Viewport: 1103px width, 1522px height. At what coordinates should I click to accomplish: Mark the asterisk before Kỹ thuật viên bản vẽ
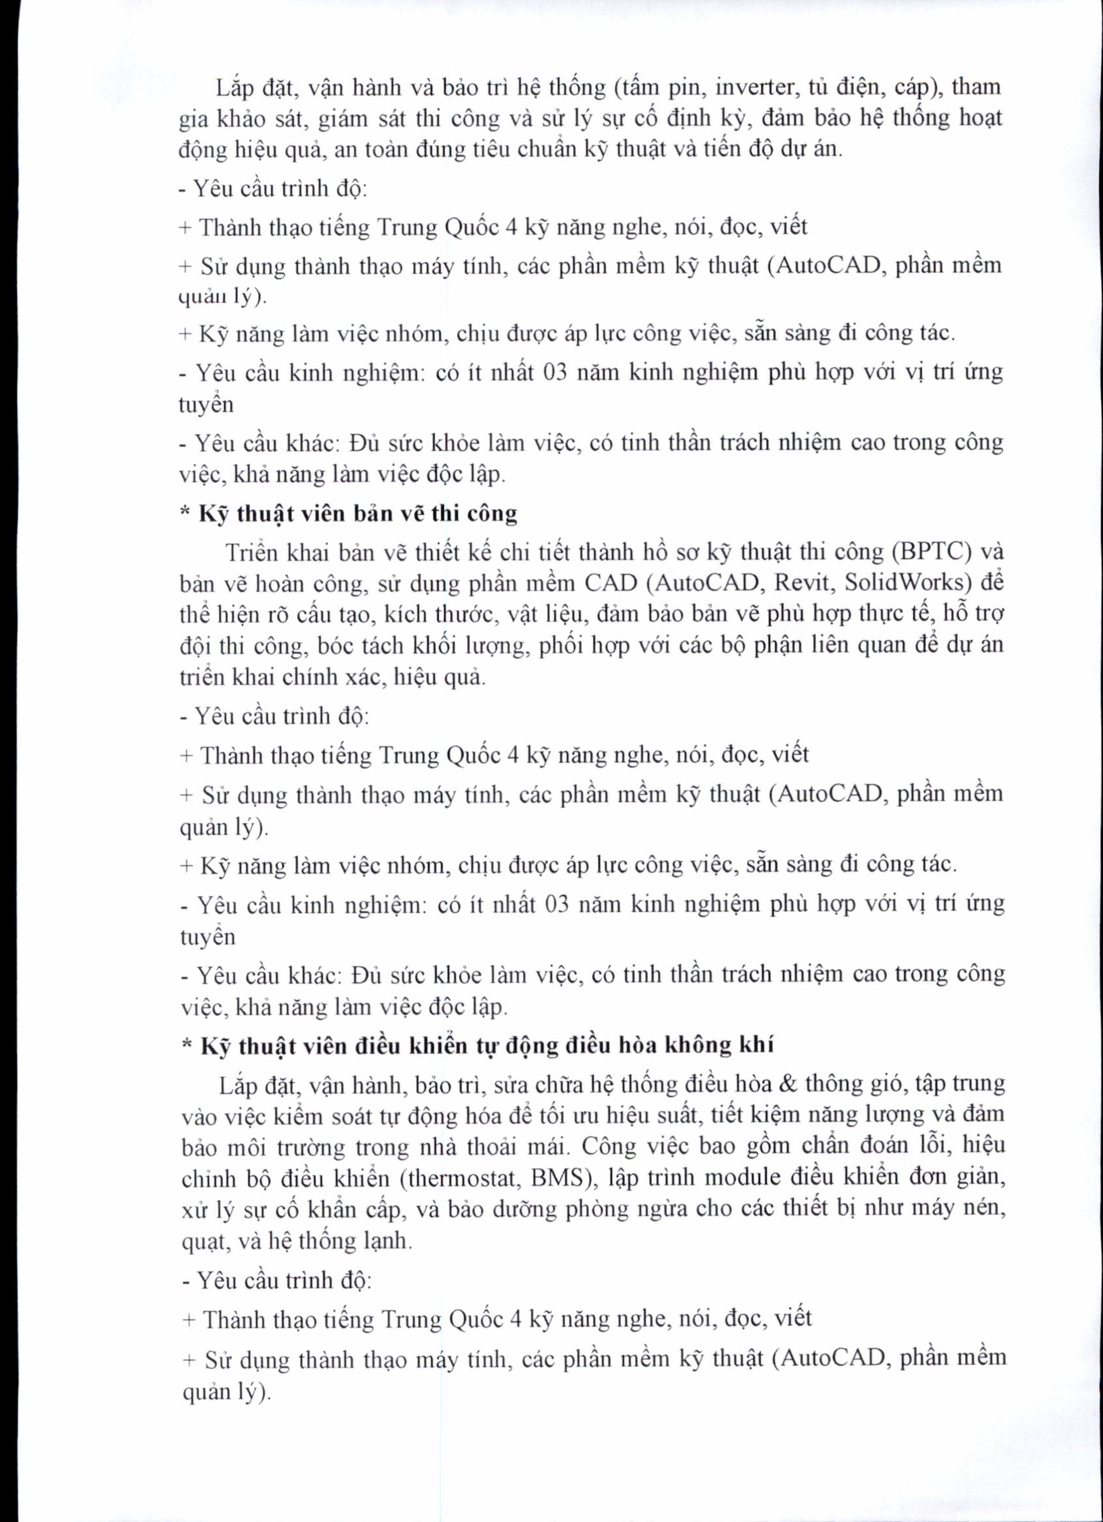tap(186, 513)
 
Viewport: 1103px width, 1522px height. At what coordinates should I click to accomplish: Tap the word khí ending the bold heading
tap(757, 1045)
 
